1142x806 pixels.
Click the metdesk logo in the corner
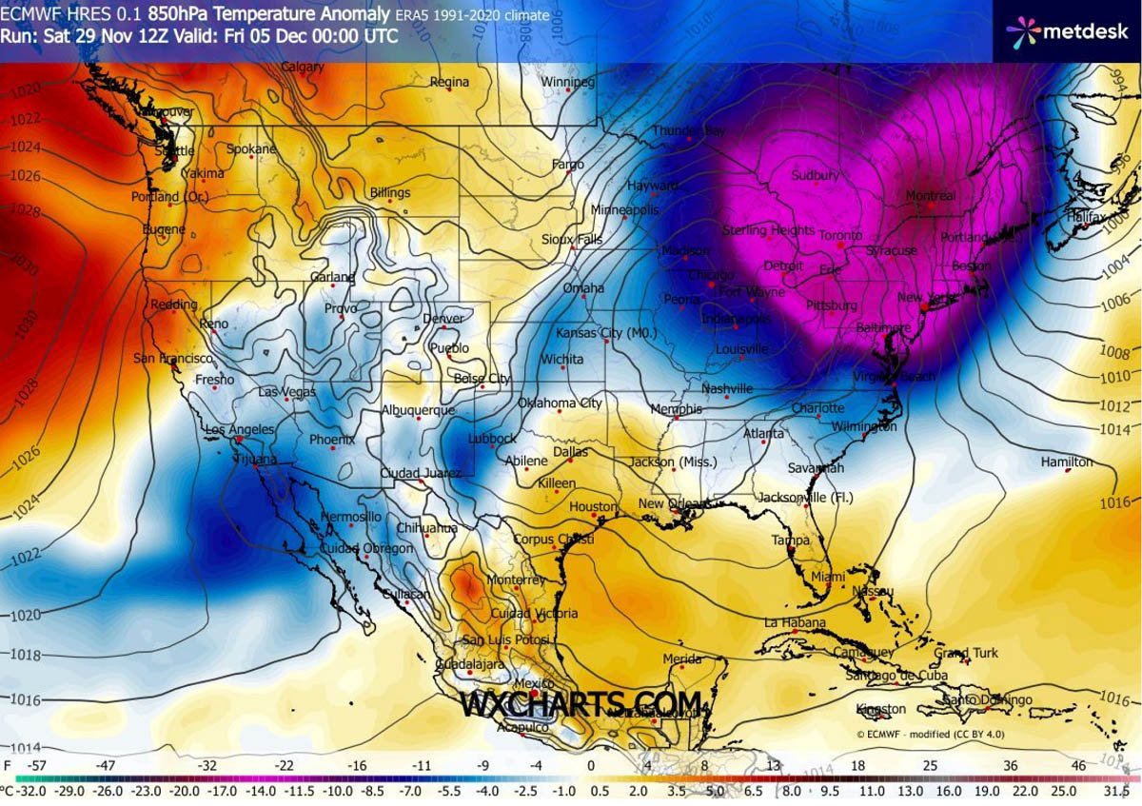point(1067,31)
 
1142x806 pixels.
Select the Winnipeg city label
point(568,83)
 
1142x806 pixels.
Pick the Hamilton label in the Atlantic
point(1067,462)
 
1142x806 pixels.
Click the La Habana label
point(791,623)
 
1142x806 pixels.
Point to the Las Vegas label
point(287,392)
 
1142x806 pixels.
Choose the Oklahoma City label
point(560,403)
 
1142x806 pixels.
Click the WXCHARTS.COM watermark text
point(581,703)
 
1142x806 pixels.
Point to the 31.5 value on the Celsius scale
point(1115,791)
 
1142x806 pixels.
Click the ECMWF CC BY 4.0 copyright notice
point(928,734)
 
